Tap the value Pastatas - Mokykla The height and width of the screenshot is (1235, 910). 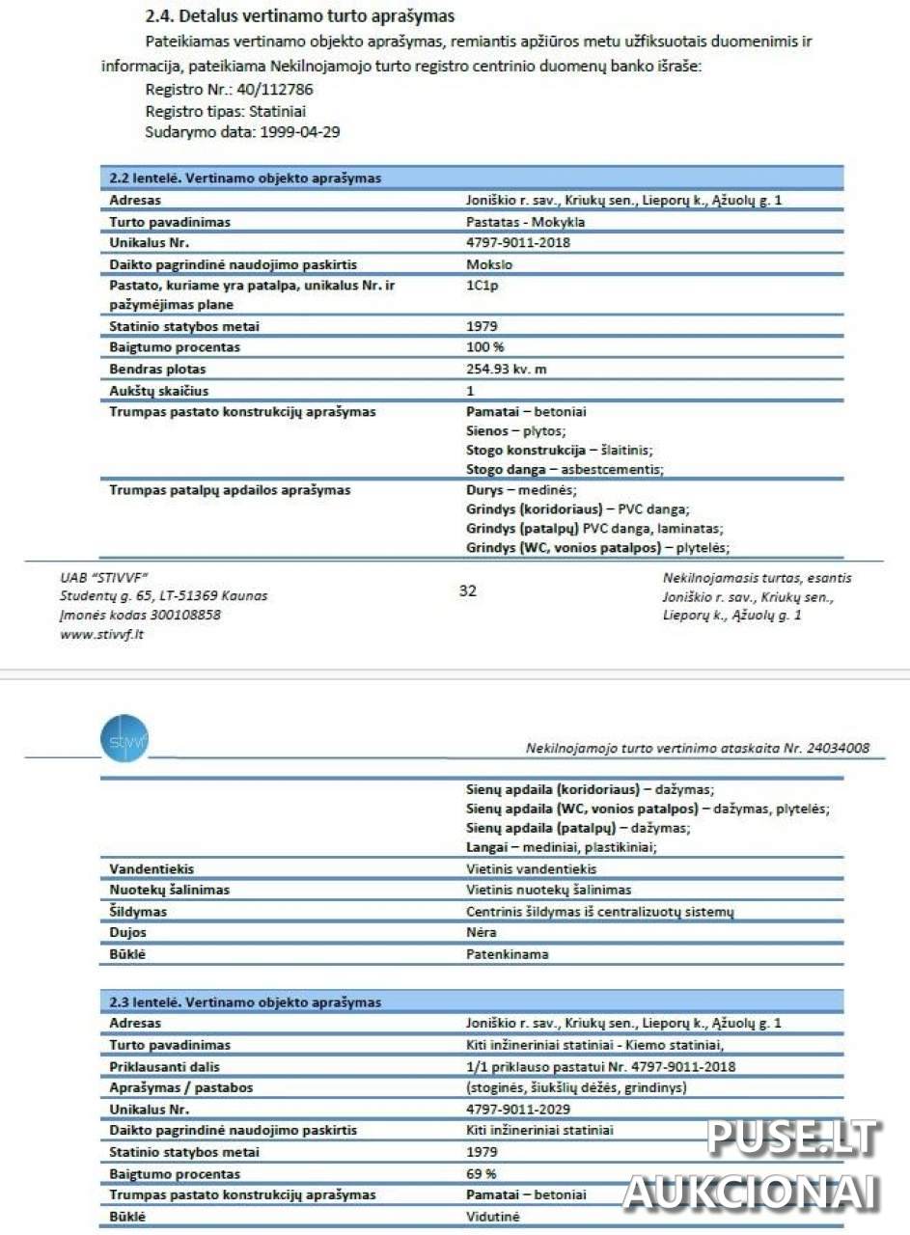coord(525,222)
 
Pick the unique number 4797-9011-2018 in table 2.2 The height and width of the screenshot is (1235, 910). coord(517,242)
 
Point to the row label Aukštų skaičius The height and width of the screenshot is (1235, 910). coord(158,391)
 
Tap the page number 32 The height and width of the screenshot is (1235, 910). coord(468,590)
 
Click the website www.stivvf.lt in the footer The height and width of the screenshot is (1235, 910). coord(101,634)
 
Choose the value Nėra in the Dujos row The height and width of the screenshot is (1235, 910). coord(481,933)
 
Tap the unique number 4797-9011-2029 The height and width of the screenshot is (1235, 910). coord(517,1110)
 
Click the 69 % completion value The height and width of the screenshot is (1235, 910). coord(481,1173)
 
